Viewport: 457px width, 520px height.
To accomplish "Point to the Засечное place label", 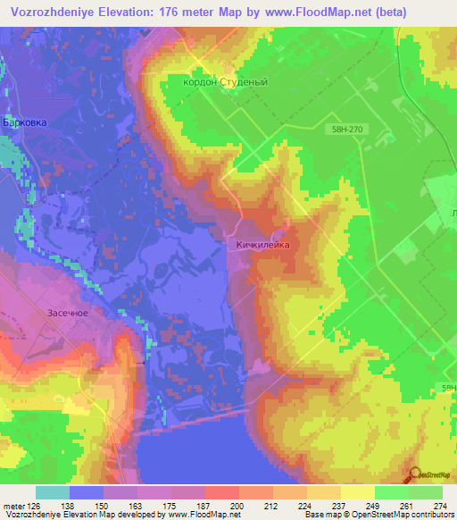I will point(65,314).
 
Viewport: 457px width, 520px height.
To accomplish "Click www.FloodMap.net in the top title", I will point(328,11).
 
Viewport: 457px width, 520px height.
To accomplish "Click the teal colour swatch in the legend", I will point(53,492).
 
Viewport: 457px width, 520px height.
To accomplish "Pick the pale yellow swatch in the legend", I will point(358,492).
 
